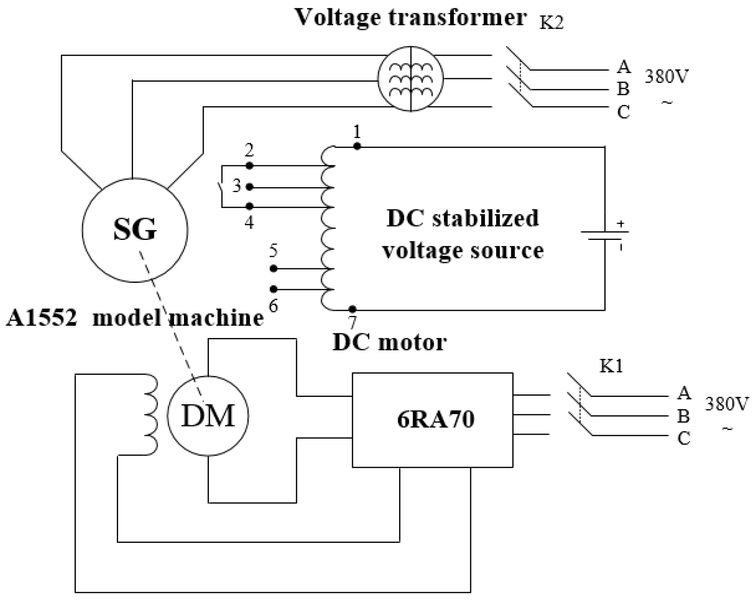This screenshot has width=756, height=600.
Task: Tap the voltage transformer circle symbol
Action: click(x=411, y=79)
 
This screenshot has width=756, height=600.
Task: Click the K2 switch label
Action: click(x=552, y=23)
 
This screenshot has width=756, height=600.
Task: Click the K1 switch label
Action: click(x=611, y=366)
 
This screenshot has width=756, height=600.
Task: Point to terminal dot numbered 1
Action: click(x=357, y=147)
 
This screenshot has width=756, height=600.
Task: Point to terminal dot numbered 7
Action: click(x=352, y=309)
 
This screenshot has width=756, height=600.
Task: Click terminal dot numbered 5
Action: click(x=273, y=269)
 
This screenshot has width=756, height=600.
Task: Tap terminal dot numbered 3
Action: click(x=249, y=187)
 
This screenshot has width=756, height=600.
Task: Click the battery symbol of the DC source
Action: click(x=604, y=236)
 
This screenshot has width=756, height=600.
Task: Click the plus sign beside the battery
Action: click(x=621, y=224)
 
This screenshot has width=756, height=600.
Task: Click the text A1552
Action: click(x=41, y=318)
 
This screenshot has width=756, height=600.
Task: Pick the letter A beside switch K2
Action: click(x=623, y=67)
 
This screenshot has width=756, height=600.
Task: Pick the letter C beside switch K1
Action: click(x=684, y=438)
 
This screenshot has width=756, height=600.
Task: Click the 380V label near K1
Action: click(x=726, y=404)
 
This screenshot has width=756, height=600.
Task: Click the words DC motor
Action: click(x=390, y=342)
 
